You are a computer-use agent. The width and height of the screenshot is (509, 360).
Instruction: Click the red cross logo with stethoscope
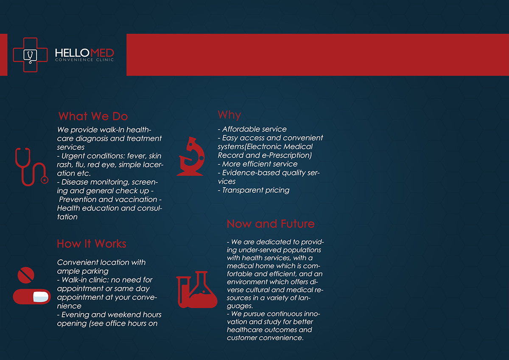tap(30, 55)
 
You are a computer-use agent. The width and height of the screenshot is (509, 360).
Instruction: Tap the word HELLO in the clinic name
tap(70, 53)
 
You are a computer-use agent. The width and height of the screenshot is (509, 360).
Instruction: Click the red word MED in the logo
tap(100, 53)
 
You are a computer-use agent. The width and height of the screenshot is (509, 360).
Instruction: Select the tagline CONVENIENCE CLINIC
tap(84, 60)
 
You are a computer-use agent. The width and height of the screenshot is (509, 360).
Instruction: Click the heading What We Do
tap(93, 116)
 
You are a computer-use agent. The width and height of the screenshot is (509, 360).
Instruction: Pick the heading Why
tap(229, 115)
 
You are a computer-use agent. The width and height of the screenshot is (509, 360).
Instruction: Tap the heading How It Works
tap(92, 244)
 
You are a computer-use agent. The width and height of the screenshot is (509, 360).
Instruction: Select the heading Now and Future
tap(271, 224)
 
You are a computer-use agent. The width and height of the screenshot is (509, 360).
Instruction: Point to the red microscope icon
tap(191, 156)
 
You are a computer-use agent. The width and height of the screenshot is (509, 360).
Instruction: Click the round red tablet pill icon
tap(25, 275)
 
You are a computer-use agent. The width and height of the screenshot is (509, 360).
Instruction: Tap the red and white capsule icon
tap(32, 296)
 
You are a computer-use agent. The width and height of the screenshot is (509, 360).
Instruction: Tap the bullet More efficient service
tap(260, 164)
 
